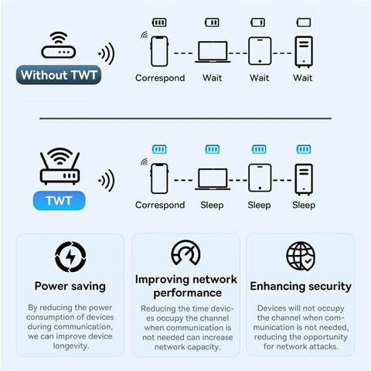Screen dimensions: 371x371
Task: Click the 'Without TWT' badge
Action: tap(59, 75)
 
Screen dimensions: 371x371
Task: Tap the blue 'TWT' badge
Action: tap(59, 201)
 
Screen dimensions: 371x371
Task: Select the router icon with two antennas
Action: tap(60, 166)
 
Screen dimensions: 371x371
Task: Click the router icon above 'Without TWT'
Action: tap(59, 45)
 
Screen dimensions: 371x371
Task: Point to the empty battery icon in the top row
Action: tap(304, 22)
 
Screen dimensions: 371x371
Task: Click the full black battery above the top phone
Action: tap(159, 22)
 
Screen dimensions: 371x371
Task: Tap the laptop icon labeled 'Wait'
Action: tap(213, 52)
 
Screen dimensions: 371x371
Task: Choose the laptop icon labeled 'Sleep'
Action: tap(213, 179)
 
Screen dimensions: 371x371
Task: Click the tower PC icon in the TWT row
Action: tap(304, 179)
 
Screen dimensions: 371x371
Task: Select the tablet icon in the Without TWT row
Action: tap(260, 51)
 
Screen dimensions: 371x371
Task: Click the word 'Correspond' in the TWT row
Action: tap(160, 205)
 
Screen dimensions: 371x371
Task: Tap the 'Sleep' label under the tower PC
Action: tap(304, 205)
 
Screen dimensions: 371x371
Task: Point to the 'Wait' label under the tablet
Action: tap(259, 78)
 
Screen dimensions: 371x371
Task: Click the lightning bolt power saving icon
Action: tap(70, 257)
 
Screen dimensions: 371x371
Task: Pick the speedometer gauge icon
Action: tap(185, 253)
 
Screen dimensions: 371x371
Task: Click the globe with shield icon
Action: tap(301, 256)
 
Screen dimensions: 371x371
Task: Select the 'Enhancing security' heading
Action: tap(301, 286)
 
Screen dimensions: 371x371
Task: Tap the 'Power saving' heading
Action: tap(70, 286)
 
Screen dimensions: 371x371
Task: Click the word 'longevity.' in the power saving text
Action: tap(71, 345)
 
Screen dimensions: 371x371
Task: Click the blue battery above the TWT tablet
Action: tap(259, 149)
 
